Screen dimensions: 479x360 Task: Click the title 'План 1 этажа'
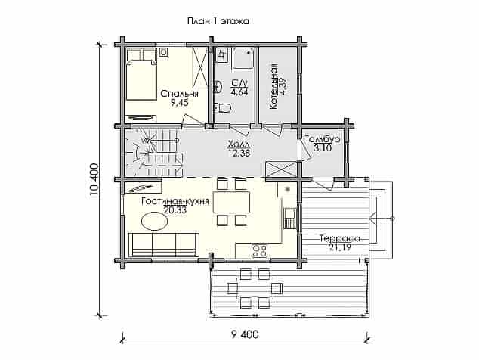(x=218, y=21)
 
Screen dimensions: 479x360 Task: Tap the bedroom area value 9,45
(x=180, y=102)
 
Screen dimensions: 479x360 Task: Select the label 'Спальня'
(x=180, y=94)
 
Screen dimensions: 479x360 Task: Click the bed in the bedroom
(x=141, y=74)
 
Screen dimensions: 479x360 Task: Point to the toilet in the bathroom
(x=223, y=107)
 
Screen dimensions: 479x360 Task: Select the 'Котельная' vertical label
(x=273, y=86)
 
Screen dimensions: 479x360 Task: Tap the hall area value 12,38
(x=239, y=153)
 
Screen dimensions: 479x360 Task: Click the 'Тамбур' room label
(x=323, y=139)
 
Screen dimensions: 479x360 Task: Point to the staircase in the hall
(x=154, y=153)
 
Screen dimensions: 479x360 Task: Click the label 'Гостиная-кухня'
(x=175, y=202)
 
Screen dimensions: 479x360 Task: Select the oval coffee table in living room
(x=154, y=221)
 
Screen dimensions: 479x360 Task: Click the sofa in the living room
(x=164, y=245)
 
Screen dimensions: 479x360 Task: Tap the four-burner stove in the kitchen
(x=259, y=251)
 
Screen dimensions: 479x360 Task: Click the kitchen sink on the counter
(x=290, y=218)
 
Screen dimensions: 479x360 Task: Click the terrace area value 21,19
(x=340, y=247)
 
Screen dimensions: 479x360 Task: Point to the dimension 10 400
(x=94, y=180)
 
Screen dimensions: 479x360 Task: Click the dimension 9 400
(x=245, y=334)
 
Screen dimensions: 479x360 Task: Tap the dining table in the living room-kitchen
(x=231, y=202)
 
